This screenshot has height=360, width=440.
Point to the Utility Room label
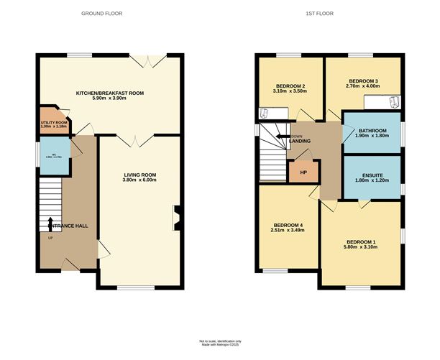click(53, 123)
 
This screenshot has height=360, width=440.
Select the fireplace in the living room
click(176, 218)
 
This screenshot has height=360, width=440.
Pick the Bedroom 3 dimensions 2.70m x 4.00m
click(364, 86)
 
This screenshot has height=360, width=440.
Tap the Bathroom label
click(372, 130)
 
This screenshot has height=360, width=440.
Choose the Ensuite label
click(372, 175)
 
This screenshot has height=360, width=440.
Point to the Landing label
click(300, 142)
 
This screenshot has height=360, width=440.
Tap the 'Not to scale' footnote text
click(220, 341)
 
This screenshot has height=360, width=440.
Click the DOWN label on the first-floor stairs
click(296, 136)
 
